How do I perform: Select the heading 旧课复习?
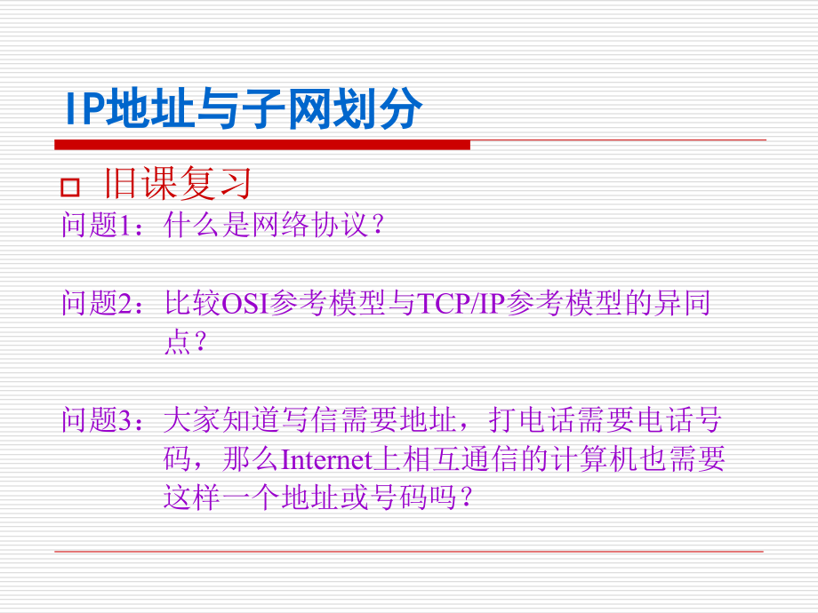(179, 184)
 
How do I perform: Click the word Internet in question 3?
(325, 459)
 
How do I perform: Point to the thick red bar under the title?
(262, 144)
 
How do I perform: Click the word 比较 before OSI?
(191, 305)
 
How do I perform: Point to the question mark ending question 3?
(461, 498)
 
